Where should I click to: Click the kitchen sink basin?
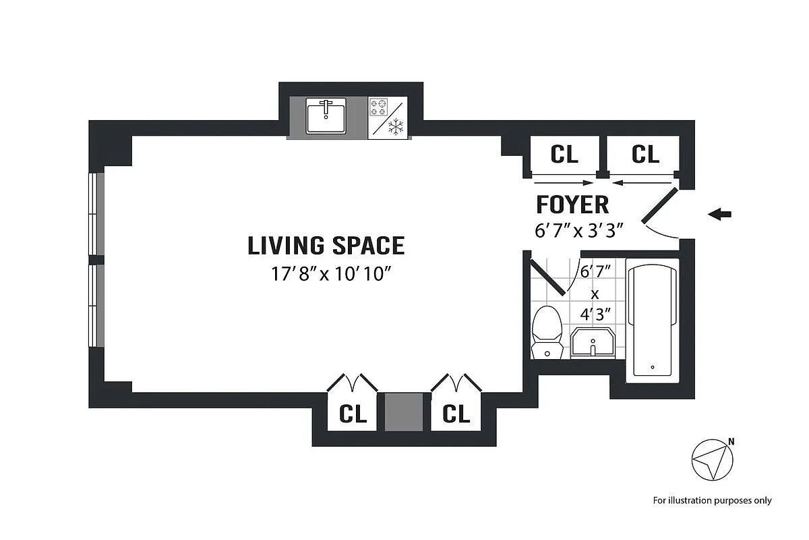click(326, 115)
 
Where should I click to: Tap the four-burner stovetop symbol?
click(378, 107)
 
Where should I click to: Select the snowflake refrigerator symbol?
click(396, 127)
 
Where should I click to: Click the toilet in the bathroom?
click(547, 332)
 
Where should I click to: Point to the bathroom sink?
click(593, 343)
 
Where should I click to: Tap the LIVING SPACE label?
click(326, 246)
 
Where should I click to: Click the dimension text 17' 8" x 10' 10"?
click(331, 274)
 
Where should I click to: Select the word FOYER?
click(573, 205)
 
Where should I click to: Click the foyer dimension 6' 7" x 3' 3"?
click(579, 230)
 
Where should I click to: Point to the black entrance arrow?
click(719, 214)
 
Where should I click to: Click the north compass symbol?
click(712, 460)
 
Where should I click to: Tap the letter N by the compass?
click(731, 441)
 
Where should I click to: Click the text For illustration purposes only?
click(712, 501)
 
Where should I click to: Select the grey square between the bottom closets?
click(404, 412)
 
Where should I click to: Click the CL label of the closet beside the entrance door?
click(645, 154)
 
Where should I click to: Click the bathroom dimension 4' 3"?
click(595, 315)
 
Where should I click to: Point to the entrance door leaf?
click(659, 205)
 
